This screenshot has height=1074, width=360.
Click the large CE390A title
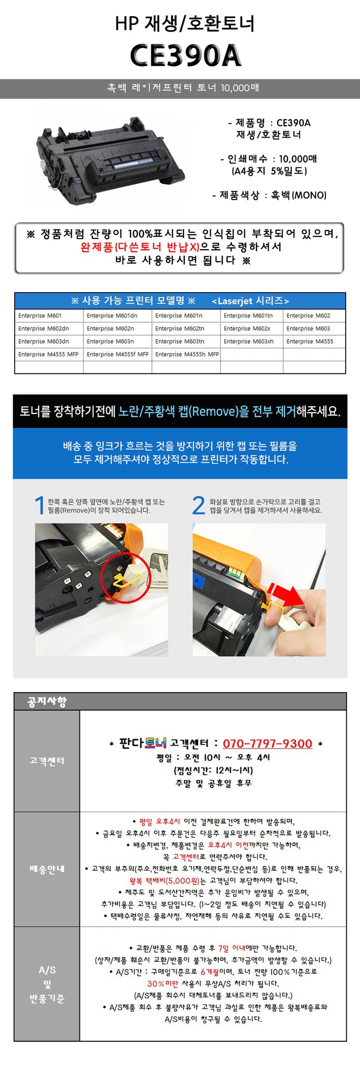(x=186, y=55)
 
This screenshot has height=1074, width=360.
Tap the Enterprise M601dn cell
(x=112, y=315)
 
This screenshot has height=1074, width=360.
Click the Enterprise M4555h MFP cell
(x=187, y=354)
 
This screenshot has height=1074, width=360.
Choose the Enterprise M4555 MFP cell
(x=48, y=354)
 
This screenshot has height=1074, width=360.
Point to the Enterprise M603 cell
(x=308, y=328)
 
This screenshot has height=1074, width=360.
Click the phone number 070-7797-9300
(x=268, y=743)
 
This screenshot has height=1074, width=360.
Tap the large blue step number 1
(x=40, y=505)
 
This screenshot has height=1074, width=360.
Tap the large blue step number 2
(x=198, y=505)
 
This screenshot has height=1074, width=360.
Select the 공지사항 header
(x=47, y=702)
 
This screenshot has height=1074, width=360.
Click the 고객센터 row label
(x=47, y=760)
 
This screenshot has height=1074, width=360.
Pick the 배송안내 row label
(x=47, y=869)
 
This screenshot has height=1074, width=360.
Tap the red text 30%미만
(x=163, y=983)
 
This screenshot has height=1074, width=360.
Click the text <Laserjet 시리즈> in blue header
(x=251, y=301)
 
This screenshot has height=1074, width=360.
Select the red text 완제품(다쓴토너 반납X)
(x=140, y=247)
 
